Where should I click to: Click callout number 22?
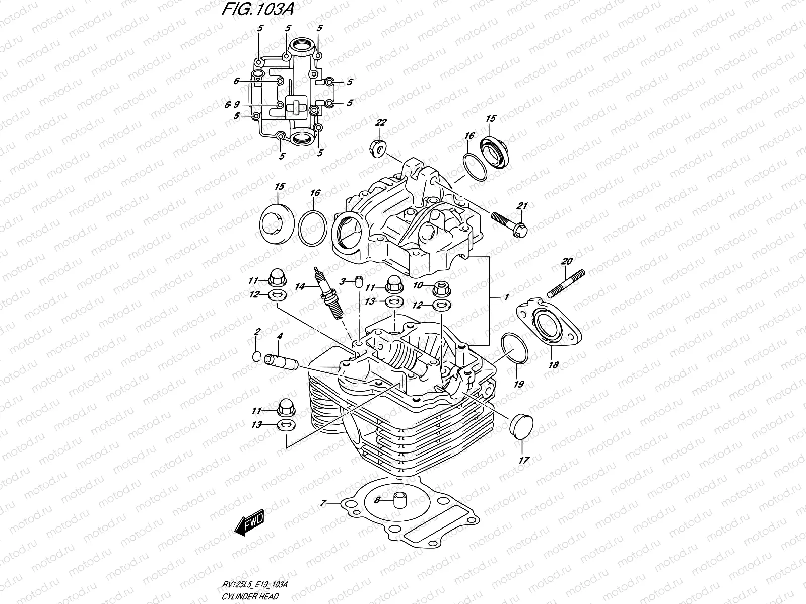(381, 123)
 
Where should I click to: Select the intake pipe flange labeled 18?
(547, 325)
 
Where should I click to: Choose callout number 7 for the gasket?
(323, 503)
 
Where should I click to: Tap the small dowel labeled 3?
(359, 281)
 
